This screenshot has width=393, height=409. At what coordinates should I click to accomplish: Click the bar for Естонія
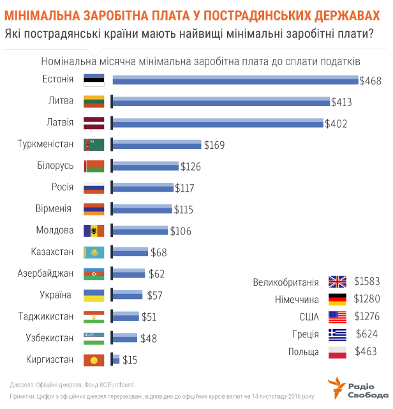pyautogui.click(x=235, y=81)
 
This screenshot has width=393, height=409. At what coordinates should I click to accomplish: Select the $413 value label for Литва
pyautogui.click(x=341, y=102)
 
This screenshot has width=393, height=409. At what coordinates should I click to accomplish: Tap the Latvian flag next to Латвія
pyautogui.click(x=94, y=123)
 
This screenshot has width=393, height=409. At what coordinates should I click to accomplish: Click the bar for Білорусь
pyautogui.click(x=145, y=166)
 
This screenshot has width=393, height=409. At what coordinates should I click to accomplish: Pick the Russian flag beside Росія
pyautogui.click(x=94, y=188)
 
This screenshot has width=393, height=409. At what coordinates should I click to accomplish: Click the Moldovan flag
pyautogui.click(x=94, y=231)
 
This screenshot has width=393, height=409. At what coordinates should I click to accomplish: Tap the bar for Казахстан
pyautogui.click(x=130, y=252)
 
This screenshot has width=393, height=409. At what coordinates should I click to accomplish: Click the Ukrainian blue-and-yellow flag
pyautogui.click(x=94, y=295)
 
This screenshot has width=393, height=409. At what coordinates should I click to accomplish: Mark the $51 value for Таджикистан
pyautogui.click(x=149, y=316)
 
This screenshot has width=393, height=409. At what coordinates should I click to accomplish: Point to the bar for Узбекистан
pyautogui.click(x=124, y=338)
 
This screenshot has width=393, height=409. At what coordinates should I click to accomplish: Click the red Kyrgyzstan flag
pyautogui.click(x=94, y=360)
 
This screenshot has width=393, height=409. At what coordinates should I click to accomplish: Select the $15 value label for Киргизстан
pyautogui.click(x=130, y=360)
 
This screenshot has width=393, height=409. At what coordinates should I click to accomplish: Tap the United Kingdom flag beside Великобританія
pyautogui.click(x=337, y=281)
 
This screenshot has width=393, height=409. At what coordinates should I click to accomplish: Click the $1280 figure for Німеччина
pyautogui.click(x=367, y=299)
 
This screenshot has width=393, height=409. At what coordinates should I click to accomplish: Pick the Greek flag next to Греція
pyautogui.click(x=337, y=334)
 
